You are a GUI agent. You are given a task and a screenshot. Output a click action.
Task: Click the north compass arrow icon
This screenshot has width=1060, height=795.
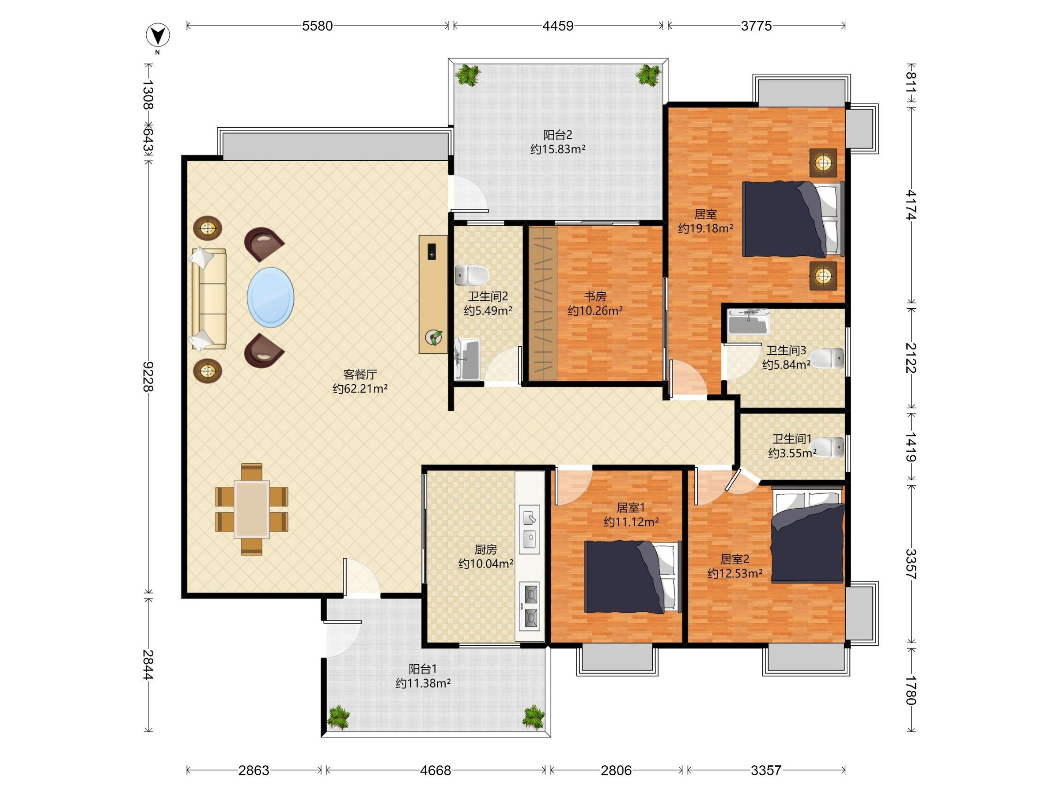pos(158,35)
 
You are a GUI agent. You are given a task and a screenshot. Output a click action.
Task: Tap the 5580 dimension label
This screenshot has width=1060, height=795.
pos(317,26)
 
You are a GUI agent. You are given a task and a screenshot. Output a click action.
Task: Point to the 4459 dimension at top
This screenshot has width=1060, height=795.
pos(558,26)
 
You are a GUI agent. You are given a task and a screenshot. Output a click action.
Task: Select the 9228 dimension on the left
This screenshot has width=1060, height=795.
pos(148,377)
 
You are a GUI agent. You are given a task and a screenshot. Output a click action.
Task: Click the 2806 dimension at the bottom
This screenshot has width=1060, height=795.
pos(616,770)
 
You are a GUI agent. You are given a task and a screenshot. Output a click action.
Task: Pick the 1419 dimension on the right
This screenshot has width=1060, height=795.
pos(910,447)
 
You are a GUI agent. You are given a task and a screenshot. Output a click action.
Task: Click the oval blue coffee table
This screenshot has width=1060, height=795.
pos(271,297)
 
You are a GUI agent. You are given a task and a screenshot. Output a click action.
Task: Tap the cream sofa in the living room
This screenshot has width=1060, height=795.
pos(208,298)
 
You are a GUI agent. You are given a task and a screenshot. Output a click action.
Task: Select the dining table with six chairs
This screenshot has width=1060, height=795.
pos(252,509)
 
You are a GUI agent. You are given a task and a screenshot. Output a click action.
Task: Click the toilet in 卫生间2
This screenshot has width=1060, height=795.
pos(472,275)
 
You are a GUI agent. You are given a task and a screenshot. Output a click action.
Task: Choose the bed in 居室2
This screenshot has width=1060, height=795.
pos(807,534)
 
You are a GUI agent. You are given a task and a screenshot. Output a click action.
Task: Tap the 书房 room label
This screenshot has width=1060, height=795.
pos(595,297)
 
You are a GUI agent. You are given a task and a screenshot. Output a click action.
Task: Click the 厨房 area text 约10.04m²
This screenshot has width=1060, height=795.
pos(486,564)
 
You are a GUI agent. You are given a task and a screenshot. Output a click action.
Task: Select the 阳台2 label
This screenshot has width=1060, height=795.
pos(558,135)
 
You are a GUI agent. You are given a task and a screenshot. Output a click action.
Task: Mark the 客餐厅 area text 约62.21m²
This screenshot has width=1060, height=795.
pos(360,388)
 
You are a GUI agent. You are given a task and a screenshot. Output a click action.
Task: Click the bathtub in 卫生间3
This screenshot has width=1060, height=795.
pos(749,322)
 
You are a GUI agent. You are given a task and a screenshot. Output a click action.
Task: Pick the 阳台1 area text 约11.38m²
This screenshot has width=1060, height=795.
pos(423,683)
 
